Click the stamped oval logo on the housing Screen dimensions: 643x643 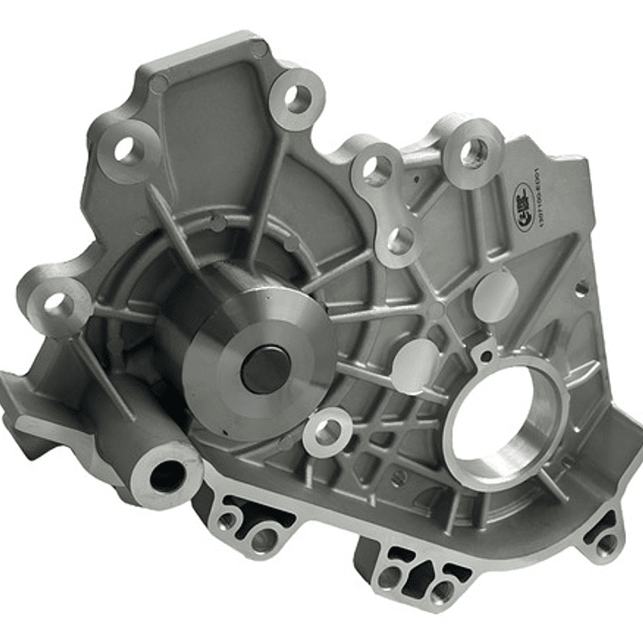521,198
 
